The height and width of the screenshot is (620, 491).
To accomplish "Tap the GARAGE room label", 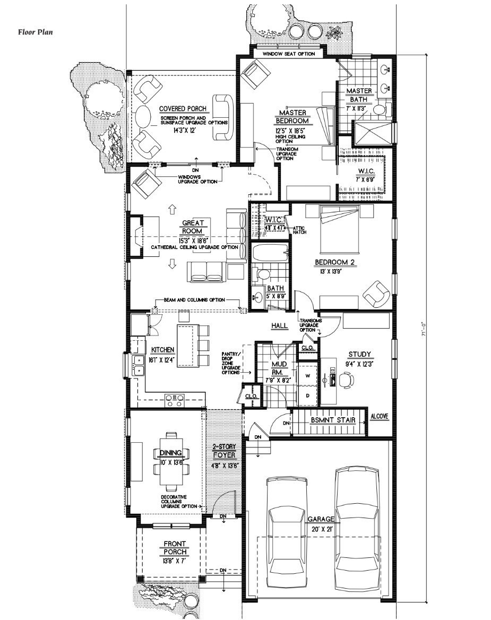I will click(321, 519).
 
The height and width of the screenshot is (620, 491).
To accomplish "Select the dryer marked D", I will click(307, 395).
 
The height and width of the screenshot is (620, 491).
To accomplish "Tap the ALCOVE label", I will click(380, 416).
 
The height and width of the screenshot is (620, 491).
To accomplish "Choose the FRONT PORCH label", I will click(175, 547).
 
